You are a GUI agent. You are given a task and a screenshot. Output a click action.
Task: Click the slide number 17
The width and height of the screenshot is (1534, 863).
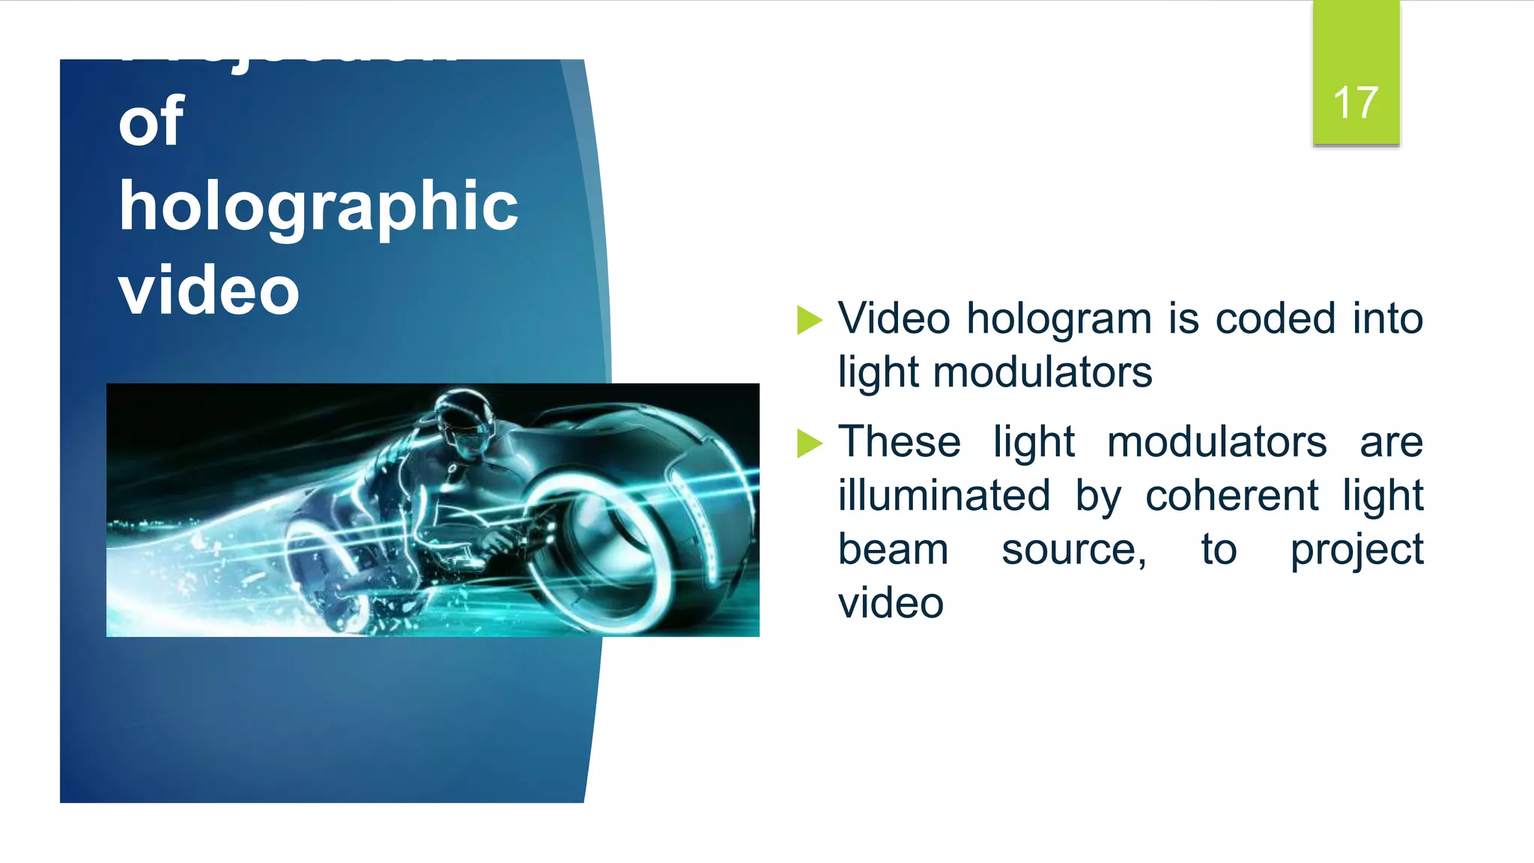1355,103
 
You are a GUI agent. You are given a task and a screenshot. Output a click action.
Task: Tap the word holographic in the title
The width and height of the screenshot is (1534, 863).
318,207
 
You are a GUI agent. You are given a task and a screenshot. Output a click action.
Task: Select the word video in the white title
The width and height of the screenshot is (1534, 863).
209,291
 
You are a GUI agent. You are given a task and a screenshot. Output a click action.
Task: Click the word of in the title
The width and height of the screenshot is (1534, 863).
151,121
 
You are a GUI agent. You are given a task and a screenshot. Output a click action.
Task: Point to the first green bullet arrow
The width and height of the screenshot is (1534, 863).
809,320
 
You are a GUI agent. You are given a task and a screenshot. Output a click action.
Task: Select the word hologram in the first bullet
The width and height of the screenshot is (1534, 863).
1059,320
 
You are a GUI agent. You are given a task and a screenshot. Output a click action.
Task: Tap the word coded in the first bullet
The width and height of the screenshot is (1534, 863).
1276,318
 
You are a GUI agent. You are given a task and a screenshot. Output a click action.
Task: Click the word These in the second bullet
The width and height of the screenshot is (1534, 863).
899,441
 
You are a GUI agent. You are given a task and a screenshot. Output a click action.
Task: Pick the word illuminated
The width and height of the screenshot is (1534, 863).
944,496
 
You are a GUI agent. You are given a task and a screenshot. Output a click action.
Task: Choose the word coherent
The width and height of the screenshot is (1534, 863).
1232,496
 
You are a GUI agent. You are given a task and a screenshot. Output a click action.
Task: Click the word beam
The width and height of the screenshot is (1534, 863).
893,550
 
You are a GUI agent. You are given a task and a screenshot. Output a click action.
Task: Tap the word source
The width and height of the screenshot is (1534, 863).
1073,550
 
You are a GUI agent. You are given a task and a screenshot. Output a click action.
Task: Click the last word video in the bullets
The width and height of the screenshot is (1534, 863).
891,603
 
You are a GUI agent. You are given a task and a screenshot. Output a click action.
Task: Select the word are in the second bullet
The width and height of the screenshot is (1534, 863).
1391,443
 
